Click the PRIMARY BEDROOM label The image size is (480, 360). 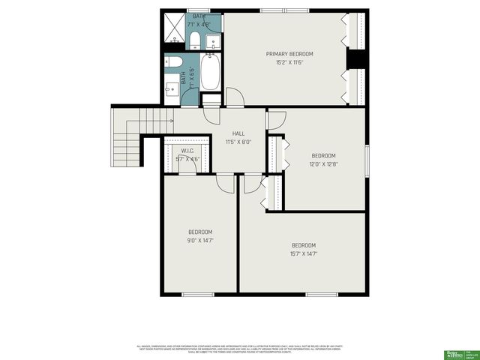[289, 54]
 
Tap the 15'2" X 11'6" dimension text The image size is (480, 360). [289, 61]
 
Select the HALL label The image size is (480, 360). [238, 133]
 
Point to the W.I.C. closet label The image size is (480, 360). [177, 151]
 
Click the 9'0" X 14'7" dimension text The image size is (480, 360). [200, 241]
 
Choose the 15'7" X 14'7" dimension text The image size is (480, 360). [304, 253]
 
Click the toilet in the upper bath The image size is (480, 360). [193, 38]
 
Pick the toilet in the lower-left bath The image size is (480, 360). [170, 62]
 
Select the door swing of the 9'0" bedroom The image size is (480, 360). [225, 183]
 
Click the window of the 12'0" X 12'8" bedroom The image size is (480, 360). [367, 162]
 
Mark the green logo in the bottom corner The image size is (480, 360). [454, 351]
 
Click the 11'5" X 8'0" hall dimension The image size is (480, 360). [238, 141]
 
